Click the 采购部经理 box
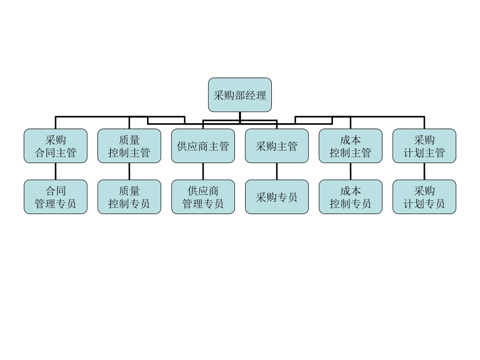point(239,95)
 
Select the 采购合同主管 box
point(56,146)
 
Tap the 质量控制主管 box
point(129,146)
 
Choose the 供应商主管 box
point(203,146)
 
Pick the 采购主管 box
point(277,146)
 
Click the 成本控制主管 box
point(351,146)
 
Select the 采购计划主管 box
point(424,146)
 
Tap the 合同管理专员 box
point(56,197)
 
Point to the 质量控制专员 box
point(129,197)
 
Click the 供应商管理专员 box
point(203,197)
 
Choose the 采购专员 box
point(277,197)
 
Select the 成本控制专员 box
point(351,197)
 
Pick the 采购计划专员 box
point(424,197)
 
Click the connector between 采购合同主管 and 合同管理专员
point(56,171)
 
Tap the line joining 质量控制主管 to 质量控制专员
point(129,171)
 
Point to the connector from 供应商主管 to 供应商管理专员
point(203,171)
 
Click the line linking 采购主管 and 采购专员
point(277,171)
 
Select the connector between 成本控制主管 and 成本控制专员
point(351,171)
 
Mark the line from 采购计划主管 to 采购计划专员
point(424,171)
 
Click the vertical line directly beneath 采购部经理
point(239,118)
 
